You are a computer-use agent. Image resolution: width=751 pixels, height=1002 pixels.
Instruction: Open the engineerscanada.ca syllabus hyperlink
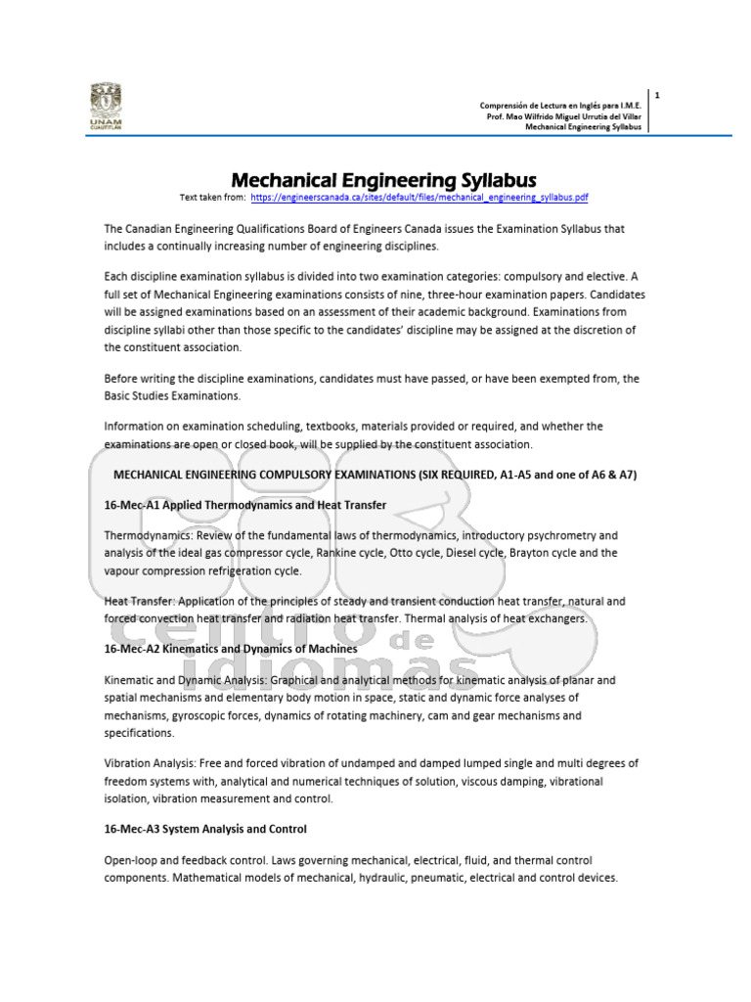[420, 197]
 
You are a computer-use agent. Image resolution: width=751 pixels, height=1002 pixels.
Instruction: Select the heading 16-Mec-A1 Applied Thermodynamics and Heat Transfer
[245, 505]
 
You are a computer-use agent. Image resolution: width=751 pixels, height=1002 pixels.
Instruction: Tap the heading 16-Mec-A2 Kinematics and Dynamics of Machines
[231, 649]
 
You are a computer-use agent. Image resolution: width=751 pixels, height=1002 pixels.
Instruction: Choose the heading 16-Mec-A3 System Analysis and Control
[205, 829]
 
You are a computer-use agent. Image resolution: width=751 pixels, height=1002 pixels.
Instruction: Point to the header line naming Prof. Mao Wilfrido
[564, 116]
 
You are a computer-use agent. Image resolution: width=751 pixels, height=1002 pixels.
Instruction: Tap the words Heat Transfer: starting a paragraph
[142, 601]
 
